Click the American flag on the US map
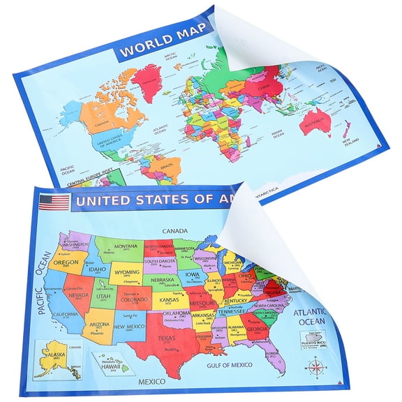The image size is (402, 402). pos(54,202)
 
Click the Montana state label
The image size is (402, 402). pos(126,246)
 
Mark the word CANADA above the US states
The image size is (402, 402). pos(177,230)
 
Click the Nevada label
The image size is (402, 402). pos(78,295)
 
